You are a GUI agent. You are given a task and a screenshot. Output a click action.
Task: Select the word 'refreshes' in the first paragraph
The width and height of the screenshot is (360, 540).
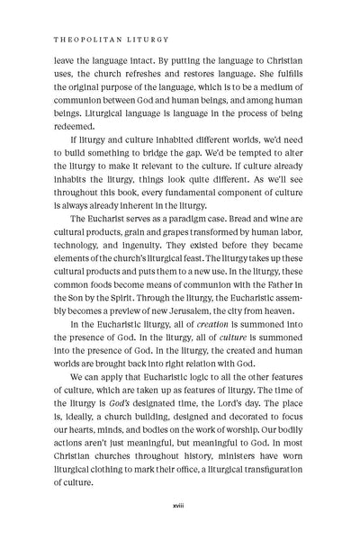[159, 75]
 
